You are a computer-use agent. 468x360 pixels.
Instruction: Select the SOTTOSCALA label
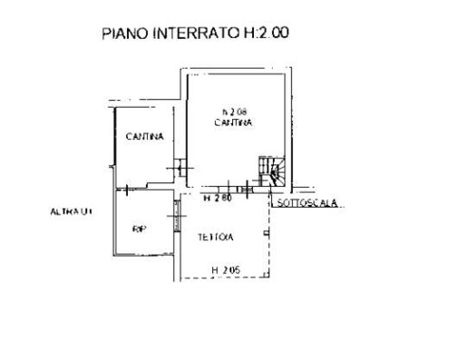307,203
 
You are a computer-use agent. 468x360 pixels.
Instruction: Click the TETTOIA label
215,238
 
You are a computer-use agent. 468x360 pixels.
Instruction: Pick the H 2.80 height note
216,198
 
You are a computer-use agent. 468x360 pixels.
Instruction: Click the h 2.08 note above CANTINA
233,110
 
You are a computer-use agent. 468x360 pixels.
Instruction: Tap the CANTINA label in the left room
145,138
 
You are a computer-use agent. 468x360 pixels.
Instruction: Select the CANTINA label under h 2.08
233,121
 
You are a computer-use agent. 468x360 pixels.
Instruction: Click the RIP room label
139,229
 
